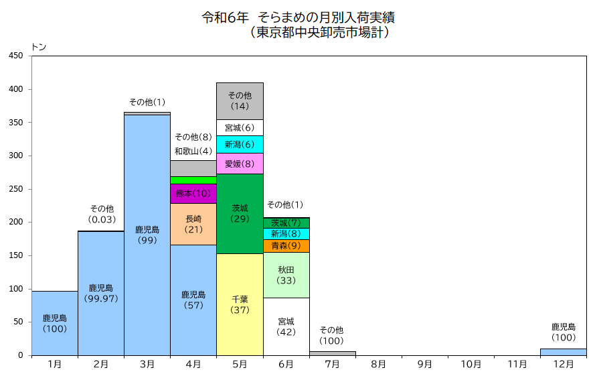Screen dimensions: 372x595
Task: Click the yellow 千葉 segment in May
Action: pos(240,304)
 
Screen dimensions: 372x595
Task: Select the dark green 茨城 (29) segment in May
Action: pos(240,213)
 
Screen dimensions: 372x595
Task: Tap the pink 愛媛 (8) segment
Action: pos(240,163)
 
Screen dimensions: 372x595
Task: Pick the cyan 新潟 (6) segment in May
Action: pos(240,144)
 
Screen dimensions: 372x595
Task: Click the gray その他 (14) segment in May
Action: pos(240,101)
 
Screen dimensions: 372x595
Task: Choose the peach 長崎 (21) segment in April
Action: pos(193,224)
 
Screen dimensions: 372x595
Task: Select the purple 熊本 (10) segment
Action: pos(193,194)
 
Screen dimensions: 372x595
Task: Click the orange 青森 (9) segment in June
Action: pos(286,246)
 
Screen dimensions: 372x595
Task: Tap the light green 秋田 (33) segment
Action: pos(286,275)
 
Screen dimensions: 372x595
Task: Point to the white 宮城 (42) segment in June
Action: pos(286,326)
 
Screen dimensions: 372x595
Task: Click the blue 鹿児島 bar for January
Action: pos(55,323)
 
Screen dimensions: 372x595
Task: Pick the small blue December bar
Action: pos(563,352)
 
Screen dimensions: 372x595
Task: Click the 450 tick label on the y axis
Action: pos(16,56)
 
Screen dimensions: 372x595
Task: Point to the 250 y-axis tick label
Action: pos(16,189)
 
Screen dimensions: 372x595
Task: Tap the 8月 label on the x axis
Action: pos(378,364)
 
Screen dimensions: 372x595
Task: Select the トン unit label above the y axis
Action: pos(39,47)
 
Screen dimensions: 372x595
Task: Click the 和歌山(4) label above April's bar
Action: pos(193,151)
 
